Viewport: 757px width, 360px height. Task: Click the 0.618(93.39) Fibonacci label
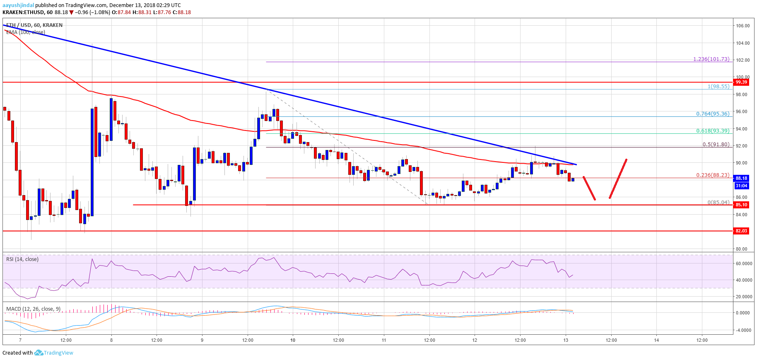coord(713,130)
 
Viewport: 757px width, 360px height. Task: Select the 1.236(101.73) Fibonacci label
coord(711,59)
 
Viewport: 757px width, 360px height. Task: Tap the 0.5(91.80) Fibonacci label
coord(716,145)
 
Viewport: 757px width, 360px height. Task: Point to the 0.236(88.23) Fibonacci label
coord(713,175)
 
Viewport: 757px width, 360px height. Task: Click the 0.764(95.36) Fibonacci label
coord(713,114)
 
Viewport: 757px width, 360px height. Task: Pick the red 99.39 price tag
coord(741,82)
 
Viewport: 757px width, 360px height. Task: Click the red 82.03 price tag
coord(741,231)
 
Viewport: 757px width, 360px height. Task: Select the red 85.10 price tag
coord(741,205)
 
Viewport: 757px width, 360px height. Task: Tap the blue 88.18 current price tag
coord(741,178)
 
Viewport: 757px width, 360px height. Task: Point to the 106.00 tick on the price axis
coord(743,26)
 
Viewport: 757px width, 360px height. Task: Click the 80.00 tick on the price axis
coord(742,249)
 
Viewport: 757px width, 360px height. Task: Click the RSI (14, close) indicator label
coord(22,259)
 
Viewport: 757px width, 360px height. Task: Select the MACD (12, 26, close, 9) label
coord(33,309)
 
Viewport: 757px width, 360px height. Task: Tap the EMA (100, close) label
coord(26,32)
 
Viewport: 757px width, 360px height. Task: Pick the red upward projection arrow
coord(618,179)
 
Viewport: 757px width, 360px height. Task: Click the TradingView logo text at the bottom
coord(58,353)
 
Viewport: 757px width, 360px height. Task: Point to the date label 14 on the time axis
coord(656,340)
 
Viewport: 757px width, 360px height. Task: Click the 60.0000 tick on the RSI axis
coord(743,263)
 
